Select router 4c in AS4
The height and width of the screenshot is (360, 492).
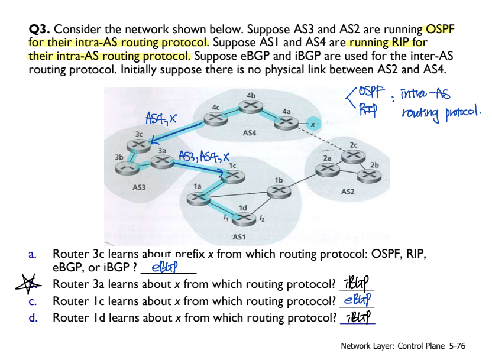click(215, 118)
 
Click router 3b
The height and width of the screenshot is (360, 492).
click(125, 168)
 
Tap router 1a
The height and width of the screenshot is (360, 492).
click(196, 199)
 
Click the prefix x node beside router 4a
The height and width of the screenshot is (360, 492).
click(314, 125)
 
